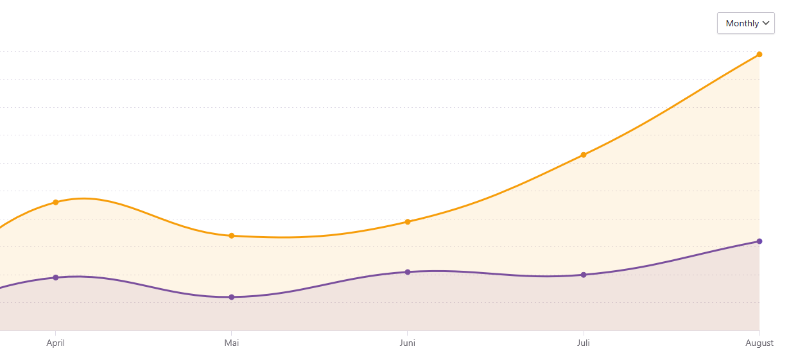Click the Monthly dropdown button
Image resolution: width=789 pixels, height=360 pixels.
pos(745,23)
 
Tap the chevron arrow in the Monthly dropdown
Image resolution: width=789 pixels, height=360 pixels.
pos(765,23)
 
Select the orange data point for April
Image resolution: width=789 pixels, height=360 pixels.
pos(56,202)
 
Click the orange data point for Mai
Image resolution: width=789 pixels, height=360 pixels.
pos(232,236)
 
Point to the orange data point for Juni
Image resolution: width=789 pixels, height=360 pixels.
pos(408,221)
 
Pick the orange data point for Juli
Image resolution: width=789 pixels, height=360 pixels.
pos(584,155)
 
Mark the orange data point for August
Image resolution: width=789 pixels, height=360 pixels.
pos(759,55)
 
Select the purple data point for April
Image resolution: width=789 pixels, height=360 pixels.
pos(56,277)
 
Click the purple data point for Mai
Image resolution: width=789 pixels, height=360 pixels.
pos(232,297)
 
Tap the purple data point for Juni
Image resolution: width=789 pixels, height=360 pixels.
pos(408,272)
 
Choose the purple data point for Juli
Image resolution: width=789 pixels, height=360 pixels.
pos(584,275)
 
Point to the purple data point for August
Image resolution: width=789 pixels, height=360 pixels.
pos(759,241)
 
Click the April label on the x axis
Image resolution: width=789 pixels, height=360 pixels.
pos(56,343)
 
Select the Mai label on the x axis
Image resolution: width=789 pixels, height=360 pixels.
pos(232,343)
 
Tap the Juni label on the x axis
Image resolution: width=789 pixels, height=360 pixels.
pos(408,343)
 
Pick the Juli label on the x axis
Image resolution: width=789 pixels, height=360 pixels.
pos(584,343)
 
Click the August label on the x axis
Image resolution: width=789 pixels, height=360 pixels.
pos(759,343)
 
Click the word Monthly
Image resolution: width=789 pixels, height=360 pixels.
pos(742,23)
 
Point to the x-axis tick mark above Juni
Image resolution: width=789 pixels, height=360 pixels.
pos(408,333)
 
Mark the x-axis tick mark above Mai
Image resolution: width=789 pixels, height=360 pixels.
pos(232,333)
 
